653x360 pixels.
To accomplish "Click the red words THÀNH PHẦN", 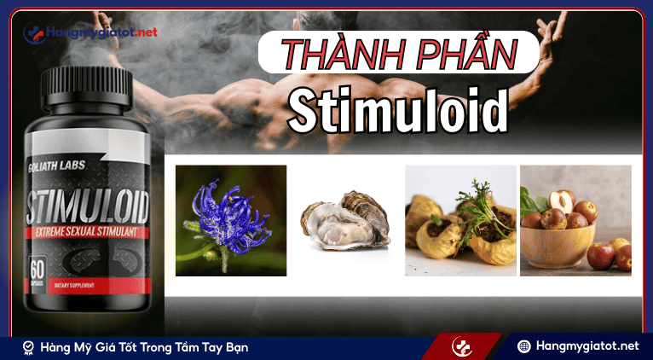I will point(399,54).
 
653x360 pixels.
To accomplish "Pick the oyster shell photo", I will point(345,221).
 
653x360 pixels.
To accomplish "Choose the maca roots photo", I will point(459,220).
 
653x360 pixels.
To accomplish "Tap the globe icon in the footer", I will point(525,346).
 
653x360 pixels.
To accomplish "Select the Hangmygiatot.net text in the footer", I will point(589,346).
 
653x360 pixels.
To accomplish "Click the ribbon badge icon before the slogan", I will point(28,347).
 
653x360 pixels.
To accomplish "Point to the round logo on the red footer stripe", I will point(462,347).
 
